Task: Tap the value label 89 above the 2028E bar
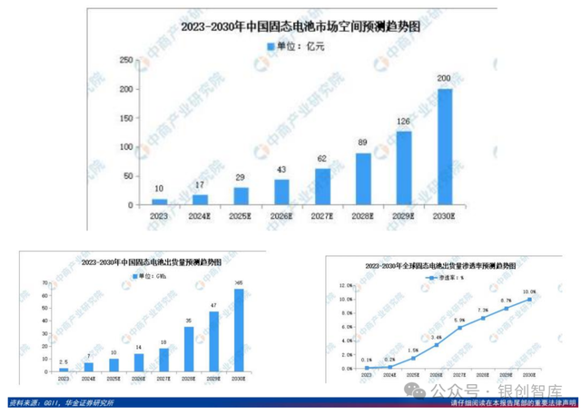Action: tap(362, 143)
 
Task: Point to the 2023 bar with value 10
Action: tap(160, 201)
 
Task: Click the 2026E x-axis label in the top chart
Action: tap(281, 215)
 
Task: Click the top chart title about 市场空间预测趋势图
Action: tap(301, 27)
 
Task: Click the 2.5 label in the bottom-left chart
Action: tap(64, 361)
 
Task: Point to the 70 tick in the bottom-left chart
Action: tap(45, 283)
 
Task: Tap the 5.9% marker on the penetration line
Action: tap(460, 327)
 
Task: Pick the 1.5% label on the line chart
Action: tap(413, 350)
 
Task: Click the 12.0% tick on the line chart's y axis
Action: tap(346, 285)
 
